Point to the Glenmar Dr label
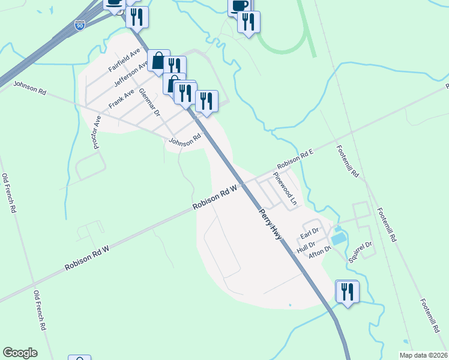(x=150, y=103)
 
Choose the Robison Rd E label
(x=295, y=159)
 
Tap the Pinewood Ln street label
(x=286, y=188)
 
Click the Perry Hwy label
(x=270, y=224)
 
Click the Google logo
(x=20, y=353)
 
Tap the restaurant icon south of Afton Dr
(x=348, y=292)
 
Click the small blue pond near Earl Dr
(x=338, y=238)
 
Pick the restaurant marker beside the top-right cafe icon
(x=248, y=22)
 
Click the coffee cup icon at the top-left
(x=114, y=3)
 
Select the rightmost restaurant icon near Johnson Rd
(x=206, y=101)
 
